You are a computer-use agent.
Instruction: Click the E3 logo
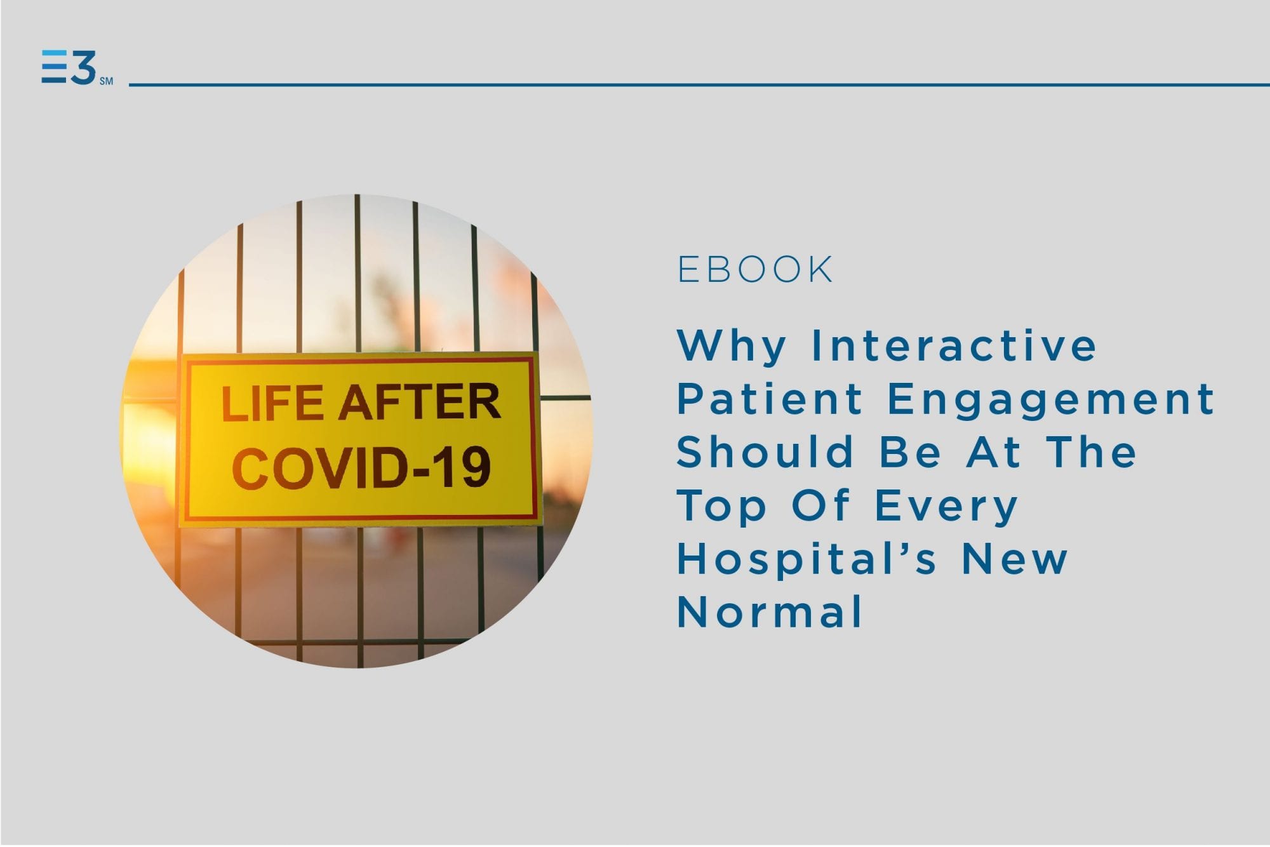(69, 67)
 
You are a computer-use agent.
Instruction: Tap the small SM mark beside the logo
(106, 81)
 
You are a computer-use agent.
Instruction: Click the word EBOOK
(755, 269)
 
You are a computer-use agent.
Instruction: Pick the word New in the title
(1015, 558)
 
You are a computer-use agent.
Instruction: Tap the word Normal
(770, 611)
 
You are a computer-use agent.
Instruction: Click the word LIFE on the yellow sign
(272, 403)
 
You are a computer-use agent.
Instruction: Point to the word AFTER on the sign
(419, 401)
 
